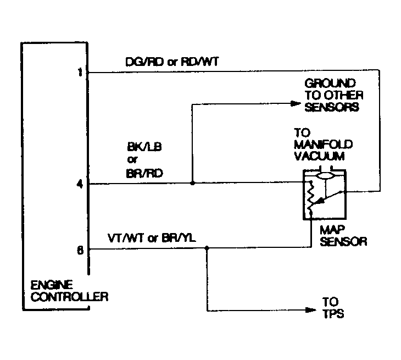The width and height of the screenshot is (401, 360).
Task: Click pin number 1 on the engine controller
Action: pos(80,71)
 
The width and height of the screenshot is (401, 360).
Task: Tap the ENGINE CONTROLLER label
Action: pos(69,291)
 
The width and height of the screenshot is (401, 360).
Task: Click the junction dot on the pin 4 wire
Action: pos(192,183)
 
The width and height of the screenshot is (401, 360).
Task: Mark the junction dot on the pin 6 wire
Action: pos(207,248)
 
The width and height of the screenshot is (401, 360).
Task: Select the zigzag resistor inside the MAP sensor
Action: pos(311,196)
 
